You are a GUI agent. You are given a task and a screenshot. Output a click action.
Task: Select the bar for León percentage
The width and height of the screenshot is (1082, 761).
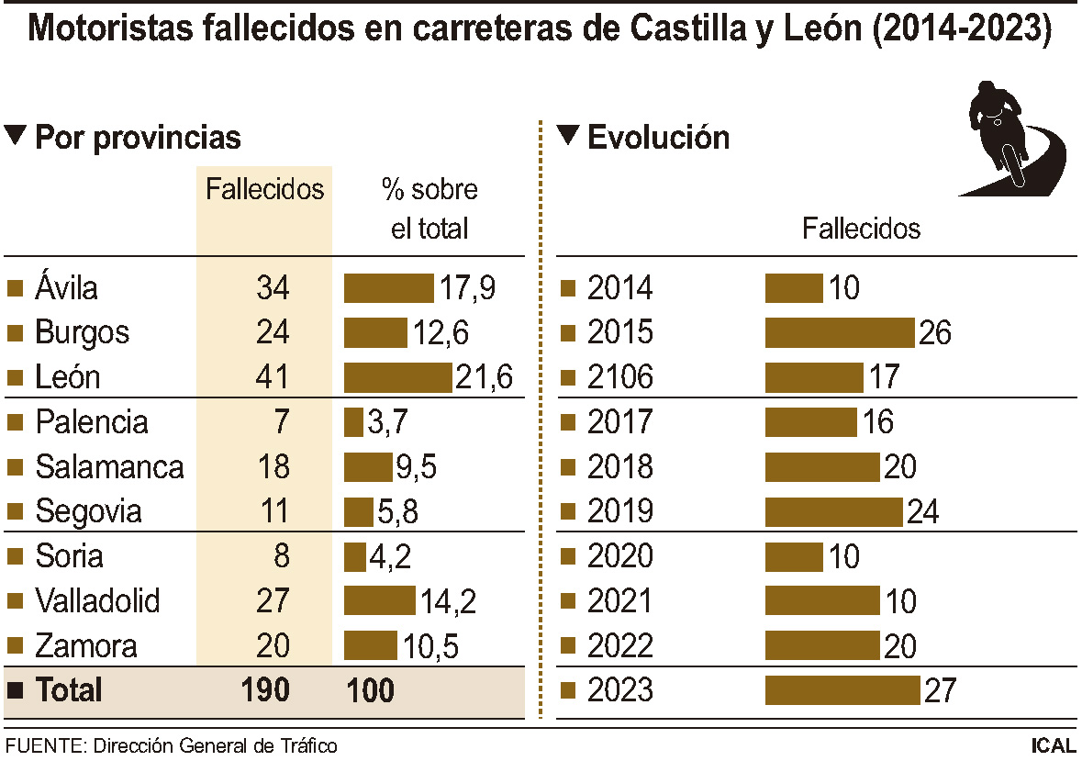(x=398, y=377)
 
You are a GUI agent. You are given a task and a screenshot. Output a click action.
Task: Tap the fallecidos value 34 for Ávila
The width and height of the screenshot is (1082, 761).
(x=273, y=288)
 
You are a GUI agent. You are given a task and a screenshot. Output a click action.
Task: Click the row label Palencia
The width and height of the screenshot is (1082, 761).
(x=91, y=422)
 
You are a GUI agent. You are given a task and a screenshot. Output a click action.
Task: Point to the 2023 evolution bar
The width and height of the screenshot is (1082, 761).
(x=842, y=690)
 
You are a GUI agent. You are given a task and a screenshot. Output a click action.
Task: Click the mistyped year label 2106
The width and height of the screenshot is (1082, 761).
(x=619, y=377)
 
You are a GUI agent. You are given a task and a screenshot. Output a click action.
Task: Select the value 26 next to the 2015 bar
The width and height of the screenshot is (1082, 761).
(x=934, y=332)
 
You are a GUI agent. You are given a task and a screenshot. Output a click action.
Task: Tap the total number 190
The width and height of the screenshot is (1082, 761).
(x=264, y=690)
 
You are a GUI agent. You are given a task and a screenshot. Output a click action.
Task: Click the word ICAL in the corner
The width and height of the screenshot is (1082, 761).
(x=1053, y=745)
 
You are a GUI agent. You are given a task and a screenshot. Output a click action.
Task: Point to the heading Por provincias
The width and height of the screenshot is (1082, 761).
(x=138, y=138)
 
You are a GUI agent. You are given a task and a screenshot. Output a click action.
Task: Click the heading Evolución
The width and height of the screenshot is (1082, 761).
(x=658, y=138)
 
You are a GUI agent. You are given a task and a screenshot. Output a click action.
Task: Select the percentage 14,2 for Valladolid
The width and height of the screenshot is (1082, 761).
(x=448, y=601)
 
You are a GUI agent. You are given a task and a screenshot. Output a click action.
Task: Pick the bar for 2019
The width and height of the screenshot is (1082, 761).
(x=833, y=511)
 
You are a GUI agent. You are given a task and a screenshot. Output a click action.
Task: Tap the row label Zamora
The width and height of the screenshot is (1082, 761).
(x=86, y=646)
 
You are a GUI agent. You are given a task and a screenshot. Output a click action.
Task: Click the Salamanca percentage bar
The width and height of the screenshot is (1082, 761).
(x=368, y=467)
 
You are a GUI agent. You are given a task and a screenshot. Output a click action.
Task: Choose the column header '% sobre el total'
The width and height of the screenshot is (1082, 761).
(x=429, y=208)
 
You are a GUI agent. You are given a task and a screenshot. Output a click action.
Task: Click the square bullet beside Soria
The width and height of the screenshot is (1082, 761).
(x=15, y=557)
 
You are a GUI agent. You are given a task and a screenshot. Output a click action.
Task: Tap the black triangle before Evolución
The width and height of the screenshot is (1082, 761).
(x=568, y=136)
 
